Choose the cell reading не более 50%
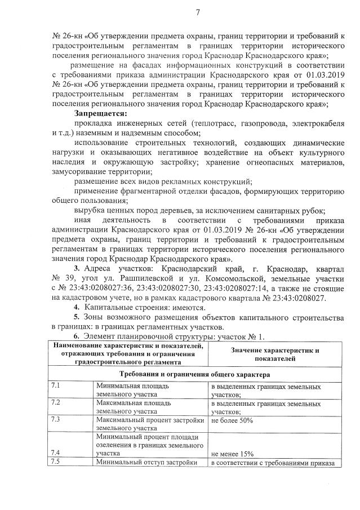coord(232,420)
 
